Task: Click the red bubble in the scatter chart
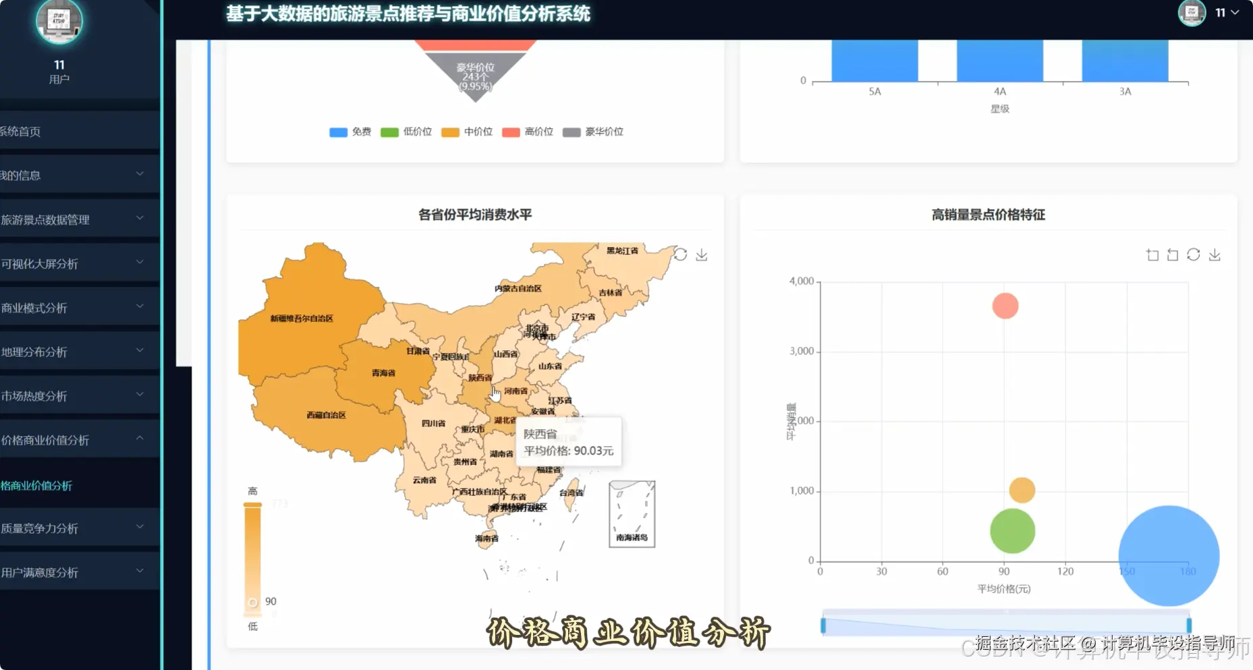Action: pos(1005,306)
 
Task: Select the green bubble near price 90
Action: pos(1012,531)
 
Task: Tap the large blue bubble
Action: pos(1169,556)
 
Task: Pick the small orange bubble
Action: pos(1022,490)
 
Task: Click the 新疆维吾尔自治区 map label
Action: pos(302,318)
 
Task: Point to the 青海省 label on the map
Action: pos(383,373)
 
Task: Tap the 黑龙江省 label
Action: pos(621,251)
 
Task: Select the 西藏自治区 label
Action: pos(326,415)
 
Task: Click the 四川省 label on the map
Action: pos(433,424)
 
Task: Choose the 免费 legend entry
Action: pos(351,132)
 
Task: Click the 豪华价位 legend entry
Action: pos(594,132)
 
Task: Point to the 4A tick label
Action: pos(1000,92)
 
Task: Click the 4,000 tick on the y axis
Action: pos(802,281)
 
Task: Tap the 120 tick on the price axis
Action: pos(1065,571)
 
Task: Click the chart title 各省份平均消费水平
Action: pos(475,215)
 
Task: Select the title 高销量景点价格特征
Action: pos(989,215)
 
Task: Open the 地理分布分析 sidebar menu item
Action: pos(35,352)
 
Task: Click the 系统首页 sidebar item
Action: pos(20,132)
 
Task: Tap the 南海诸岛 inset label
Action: pos(632,538)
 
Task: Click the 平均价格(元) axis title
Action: pos(1004,589)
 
